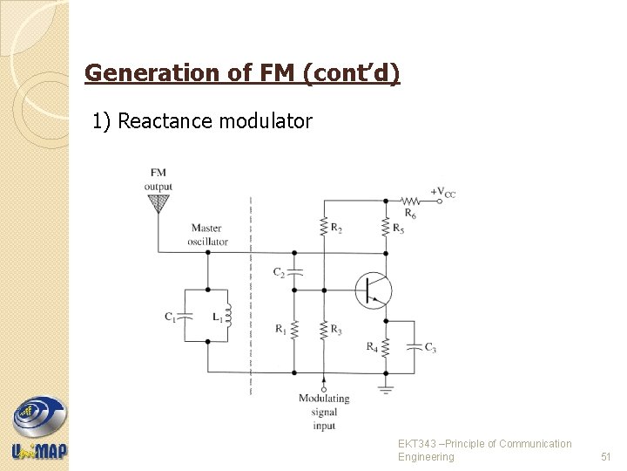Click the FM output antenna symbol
tap(158, 204)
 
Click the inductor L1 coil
tap(228, 317)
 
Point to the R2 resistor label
tap(336, 229)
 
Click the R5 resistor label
tap(399, 229)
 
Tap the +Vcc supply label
tap(442, 192)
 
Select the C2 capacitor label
tap(279, 272)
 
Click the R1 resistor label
tap(280, 329)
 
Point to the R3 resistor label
tap(336, 329)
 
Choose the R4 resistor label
tap(373, 346)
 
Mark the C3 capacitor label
tap(429, 347)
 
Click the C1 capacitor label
tap(171, 317)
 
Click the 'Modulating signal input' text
tap(323, 412)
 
